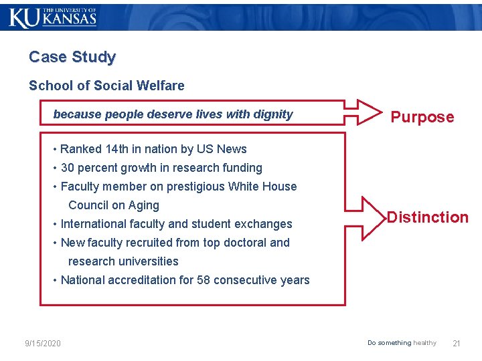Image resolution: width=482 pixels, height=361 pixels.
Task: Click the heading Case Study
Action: pos(72,57)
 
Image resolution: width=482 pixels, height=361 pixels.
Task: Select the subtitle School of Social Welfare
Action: pos(106,86)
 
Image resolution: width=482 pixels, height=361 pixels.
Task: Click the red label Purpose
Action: pos(422,118)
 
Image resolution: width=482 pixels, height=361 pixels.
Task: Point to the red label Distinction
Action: pos(428,217)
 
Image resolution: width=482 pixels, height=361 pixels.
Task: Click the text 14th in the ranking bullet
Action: pos(116,149)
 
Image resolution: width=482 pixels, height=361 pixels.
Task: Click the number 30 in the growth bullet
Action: pos(68,168)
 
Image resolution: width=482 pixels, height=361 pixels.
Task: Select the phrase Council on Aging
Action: pos(114,205)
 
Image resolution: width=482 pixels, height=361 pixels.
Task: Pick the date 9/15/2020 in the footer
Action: pos(43,344)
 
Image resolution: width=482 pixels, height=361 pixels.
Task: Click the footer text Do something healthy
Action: pos(402,343)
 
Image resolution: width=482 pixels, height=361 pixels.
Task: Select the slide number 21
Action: pos(457,344)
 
